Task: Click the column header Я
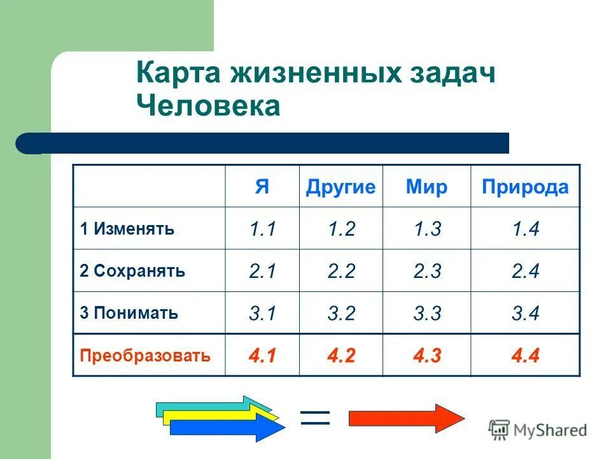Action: (262, 187)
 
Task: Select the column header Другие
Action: (341, 187)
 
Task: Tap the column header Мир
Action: (426, 187)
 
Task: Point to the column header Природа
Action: (525, 187)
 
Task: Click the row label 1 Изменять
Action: (127, 229)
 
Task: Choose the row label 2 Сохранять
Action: (133, 271)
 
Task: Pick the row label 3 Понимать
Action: (129, 313)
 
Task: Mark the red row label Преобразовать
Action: (145, 355)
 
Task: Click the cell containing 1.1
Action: (262, 229)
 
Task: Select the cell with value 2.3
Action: (426, 272)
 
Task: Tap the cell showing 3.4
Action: (525, 314)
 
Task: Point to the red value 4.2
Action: (341, 356)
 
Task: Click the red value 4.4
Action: (525, 356)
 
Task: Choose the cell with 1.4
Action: (525, 229)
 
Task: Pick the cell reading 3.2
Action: (341, 314)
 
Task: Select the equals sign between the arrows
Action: (314, 418)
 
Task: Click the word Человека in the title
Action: (208, 106)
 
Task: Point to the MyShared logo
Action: (538, 430)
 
